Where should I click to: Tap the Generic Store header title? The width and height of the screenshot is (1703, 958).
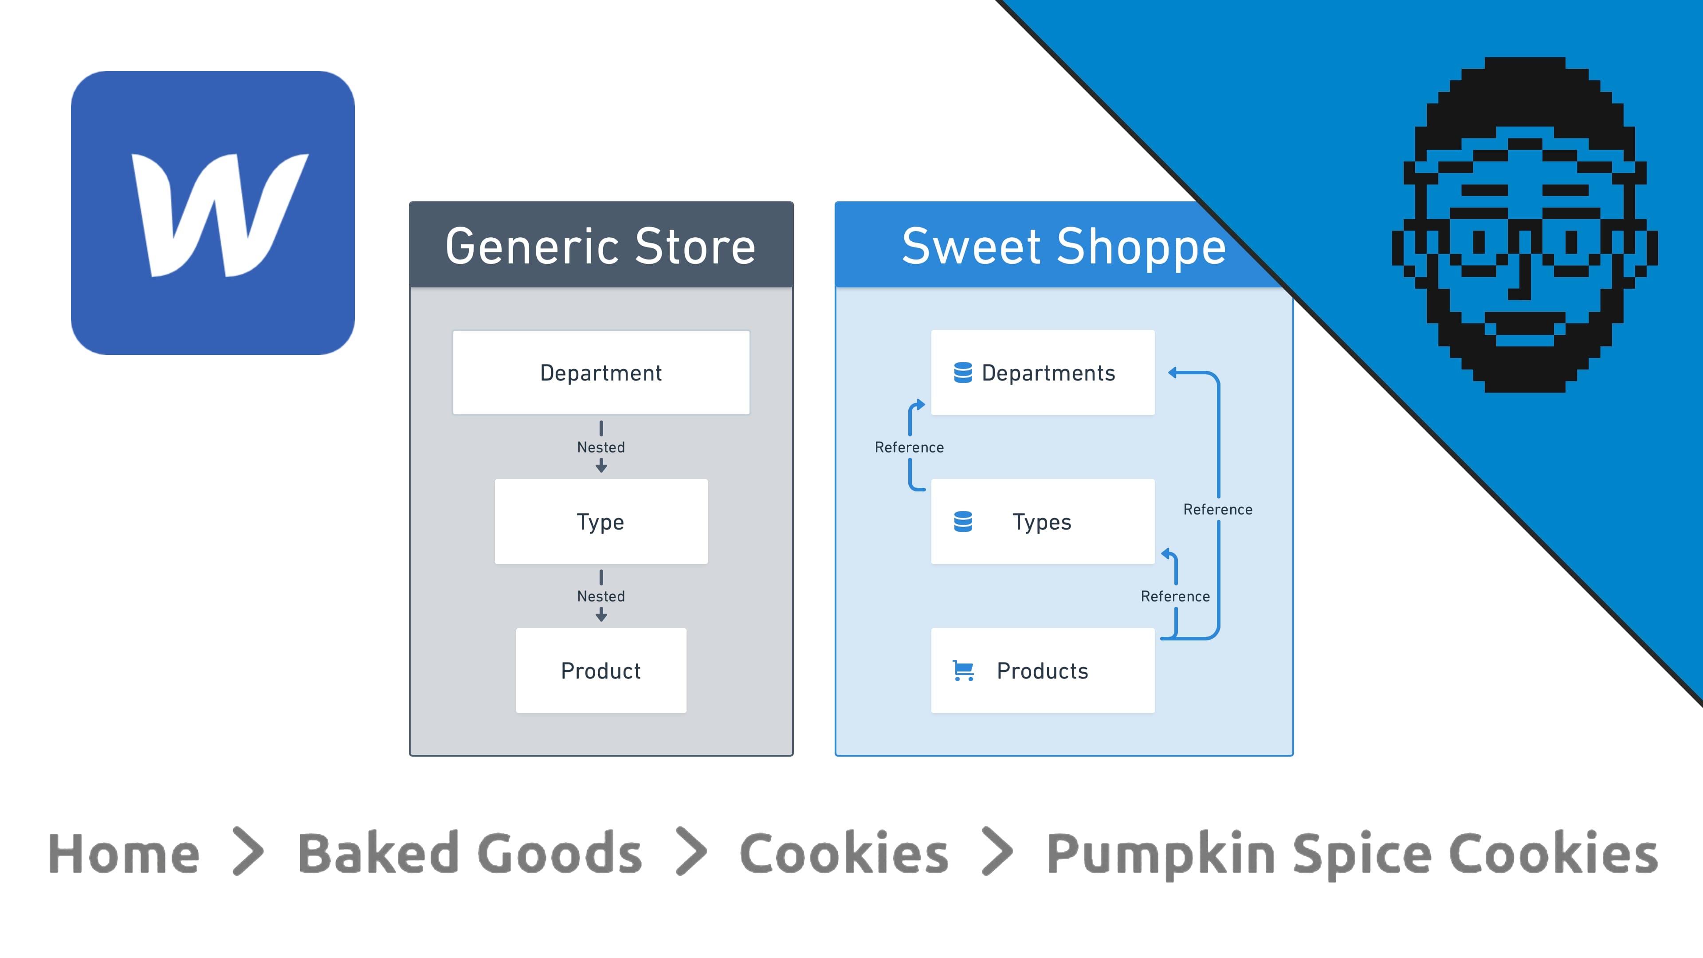tap(600, 246)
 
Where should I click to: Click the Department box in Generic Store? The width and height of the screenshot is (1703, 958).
tap(600, 373)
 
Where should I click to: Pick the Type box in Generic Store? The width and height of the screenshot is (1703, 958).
tap(600, 522)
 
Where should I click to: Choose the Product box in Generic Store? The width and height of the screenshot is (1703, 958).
tap(600, 671)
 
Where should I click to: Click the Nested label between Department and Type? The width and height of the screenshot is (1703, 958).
tap(600, 448)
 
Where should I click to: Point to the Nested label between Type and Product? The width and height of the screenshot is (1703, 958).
tap(600, 597)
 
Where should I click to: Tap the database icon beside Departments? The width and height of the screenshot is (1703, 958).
tap(962, 373)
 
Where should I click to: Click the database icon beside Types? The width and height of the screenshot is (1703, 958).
tap(962, 522)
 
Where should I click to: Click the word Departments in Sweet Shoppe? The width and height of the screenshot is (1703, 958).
tap(1048, 373)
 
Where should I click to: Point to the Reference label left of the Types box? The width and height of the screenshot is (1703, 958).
tap(909, 448)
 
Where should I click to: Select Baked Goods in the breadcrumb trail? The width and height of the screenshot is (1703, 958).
tap(469, 853)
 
